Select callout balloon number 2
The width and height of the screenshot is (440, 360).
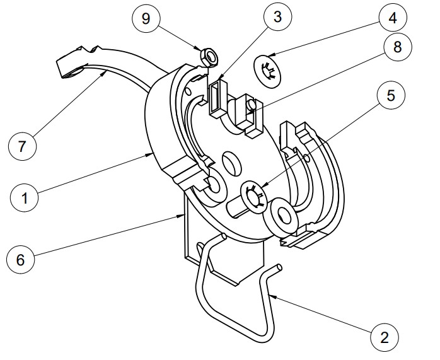(384, 337)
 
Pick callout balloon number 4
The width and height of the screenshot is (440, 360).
(392, 17)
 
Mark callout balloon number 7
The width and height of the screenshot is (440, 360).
(23, 146)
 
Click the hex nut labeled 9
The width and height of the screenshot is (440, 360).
(208, 57)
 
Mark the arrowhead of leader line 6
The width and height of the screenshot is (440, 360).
(185, 215)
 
